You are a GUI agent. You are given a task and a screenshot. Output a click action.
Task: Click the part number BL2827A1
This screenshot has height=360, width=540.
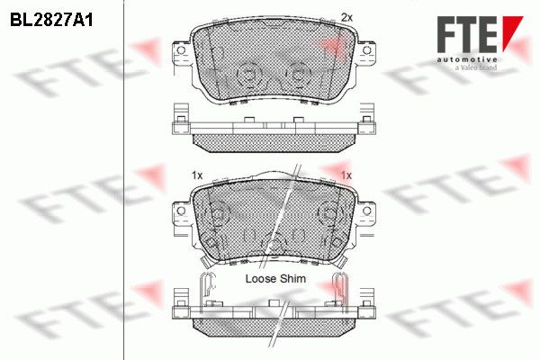coord(51,21)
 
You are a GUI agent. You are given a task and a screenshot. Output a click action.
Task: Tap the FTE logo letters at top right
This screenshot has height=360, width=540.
coord(467,34)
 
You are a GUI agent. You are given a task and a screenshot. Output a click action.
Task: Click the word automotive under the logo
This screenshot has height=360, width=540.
coord(467,59)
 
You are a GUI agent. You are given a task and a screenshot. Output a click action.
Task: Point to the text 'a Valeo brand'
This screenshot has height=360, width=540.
coord(476,67)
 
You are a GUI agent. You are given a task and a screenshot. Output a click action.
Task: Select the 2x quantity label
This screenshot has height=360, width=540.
coord(346,17)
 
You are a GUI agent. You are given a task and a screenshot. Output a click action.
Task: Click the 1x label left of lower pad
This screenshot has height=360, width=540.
coord(197,175)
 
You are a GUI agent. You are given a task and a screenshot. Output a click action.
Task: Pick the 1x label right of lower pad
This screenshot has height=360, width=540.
coord(346,175)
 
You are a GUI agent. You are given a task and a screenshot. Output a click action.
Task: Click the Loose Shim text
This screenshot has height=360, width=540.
coord(275,278)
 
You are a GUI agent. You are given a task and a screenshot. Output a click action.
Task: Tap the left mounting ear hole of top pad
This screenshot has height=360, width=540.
coord(181,50)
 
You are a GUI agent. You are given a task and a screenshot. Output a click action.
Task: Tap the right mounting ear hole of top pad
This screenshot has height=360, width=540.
coord(367,50)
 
